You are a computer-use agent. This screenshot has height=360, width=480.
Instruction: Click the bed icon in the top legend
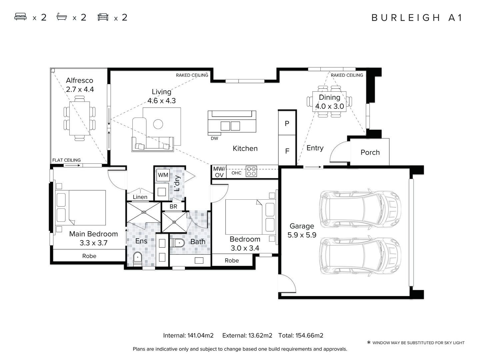20,17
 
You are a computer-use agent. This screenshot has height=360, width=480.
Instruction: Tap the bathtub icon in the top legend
62,17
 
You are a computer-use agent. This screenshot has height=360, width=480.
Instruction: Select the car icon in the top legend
103,17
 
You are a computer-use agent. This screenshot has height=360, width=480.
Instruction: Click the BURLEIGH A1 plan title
417,18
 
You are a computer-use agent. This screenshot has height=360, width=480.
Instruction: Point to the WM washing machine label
163,175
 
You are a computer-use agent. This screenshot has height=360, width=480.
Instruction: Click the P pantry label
287,124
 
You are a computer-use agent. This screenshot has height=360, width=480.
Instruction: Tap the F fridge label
287,151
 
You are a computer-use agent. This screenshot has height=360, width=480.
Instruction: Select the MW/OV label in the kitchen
219,172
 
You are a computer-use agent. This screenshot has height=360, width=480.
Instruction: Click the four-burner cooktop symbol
251,171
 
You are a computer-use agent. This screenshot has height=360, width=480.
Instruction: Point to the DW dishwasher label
214,138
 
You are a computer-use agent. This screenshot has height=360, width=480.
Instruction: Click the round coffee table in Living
158,124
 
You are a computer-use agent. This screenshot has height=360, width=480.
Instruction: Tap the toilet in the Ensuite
138,259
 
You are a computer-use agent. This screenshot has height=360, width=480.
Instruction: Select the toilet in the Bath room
177,243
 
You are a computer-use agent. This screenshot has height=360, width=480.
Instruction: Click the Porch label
370,152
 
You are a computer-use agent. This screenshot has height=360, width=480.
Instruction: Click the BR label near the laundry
173,206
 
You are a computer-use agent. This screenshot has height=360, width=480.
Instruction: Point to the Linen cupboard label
140,197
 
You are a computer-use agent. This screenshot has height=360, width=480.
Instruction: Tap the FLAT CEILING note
66,160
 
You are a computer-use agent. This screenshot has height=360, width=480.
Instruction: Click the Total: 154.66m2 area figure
301,335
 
